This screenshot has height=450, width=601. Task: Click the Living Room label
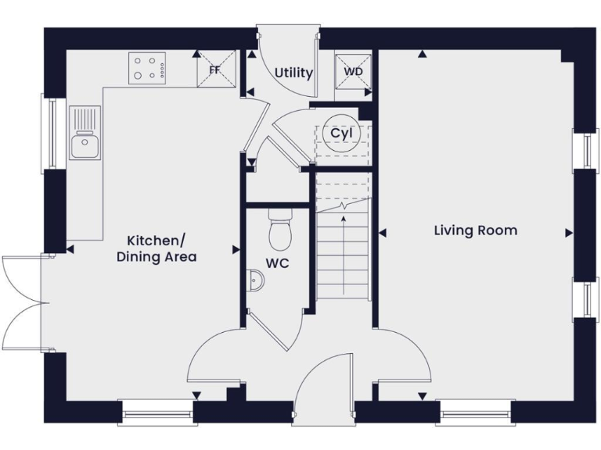476,230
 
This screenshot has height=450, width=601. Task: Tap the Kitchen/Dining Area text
157,248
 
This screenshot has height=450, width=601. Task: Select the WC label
277,263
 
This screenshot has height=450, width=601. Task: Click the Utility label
293,73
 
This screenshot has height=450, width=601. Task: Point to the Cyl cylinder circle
341,134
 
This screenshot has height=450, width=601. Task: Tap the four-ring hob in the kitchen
148,67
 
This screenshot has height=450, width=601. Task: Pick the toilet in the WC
279,228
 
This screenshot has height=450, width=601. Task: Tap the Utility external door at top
288,47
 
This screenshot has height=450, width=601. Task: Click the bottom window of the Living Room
475,412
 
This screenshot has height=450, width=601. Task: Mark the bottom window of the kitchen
156,412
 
